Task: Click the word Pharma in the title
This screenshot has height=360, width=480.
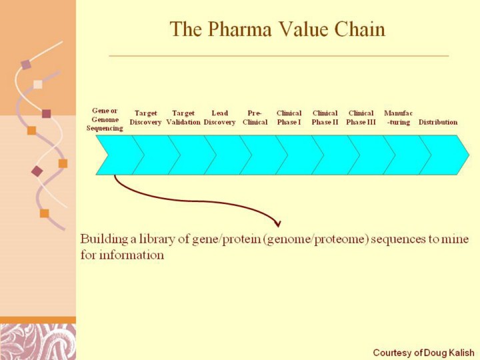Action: (x=240, y=29)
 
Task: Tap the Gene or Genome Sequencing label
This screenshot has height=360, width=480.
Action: (x=105, y=119)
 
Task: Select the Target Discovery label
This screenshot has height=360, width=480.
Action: (x=145, y=117)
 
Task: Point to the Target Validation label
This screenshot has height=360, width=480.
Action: (x=183, y=117)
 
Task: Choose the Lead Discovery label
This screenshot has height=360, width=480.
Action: (x=219, y=117)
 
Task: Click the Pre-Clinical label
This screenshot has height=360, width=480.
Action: (x=255, y=117)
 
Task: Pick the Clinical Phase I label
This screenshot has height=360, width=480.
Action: (x=289, y=117)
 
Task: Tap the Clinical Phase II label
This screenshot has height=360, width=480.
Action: (x=325, y=117)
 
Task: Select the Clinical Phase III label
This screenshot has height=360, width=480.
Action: (x=361, y=117)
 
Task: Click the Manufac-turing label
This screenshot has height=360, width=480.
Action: (x=398, y=117)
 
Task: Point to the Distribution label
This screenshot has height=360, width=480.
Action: (x=438, y=122)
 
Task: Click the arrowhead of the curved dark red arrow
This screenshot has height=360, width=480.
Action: (x=277, y=224)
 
